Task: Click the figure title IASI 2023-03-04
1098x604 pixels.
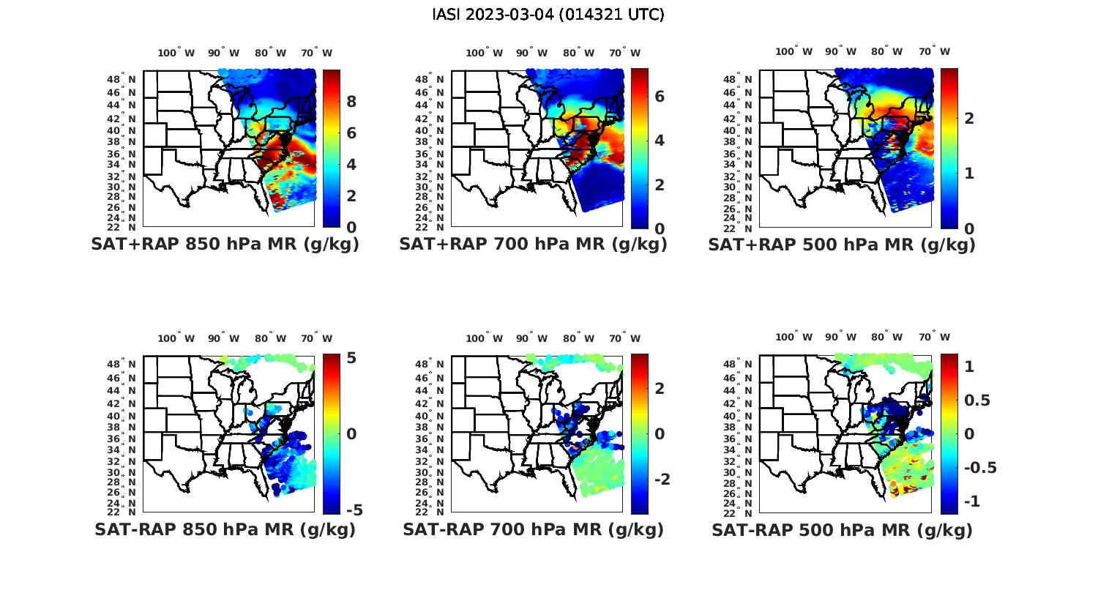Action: (548, 15)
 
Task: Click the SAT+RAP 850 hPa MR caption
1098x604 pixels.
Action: (225, 245)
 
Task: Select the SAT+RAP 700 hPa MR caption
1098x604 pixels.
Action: (533, 245)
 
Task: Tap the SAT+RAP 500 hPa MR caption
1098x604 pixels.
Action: (842, 245)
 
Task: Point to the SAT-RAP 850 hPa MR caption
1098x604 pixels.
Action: (225, 529)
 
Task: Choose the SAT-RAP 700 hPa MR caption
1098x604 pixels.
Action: (533, 529)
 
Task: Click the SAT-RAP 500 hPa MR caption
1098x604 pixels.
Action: (842, 530)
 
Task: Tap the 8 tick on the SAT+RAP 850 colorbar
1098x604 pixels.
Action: (351, 102)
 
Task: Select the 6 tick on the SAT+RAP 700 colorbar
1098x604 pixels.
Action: (659, 97)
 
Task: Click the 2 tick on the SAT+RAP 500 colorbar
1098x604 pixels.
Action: (969, 118)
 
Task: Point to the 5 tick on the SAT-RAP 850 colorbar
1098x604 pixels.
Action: (351, 358)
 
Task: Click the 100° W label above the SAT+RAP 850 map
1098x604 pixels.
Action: (176, 53)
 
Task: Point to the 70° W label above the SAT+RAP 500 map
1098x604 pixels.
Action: (933, 51)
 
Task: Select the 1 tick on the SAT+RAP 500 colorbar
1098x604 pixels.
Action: (969, 174)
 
